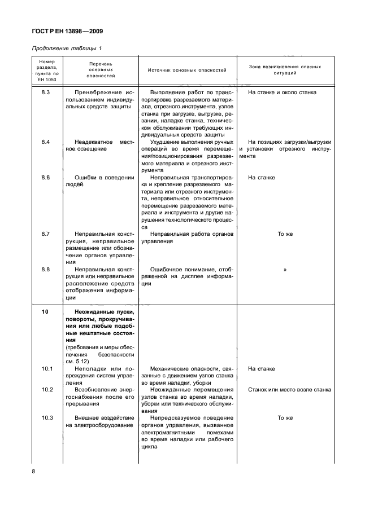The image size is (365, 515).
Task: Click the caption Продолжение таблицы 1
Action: coord(66,49)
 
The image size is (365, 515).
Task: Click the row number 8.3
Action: coord(46,92)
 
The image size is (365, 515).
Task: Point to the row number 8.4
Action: coord(46,142)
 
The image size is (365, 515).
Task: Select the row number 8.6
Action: coord(46,178)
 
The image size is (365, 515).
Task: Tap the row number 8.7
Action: coord(46,233)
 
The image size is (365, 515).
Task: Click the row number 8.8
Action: coord(46,269)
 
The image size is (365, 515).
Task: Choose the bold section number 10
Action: coord(46,312)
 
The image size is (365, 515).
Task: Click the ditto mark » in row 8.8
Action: coord(285,270)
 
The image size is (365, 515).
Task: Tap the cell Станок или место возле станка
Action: coord(289,390)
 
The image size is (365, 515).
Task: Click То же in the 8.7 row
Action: coord(285,233)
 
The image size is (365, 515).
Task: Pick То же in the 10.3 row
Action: coord(285,418)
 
